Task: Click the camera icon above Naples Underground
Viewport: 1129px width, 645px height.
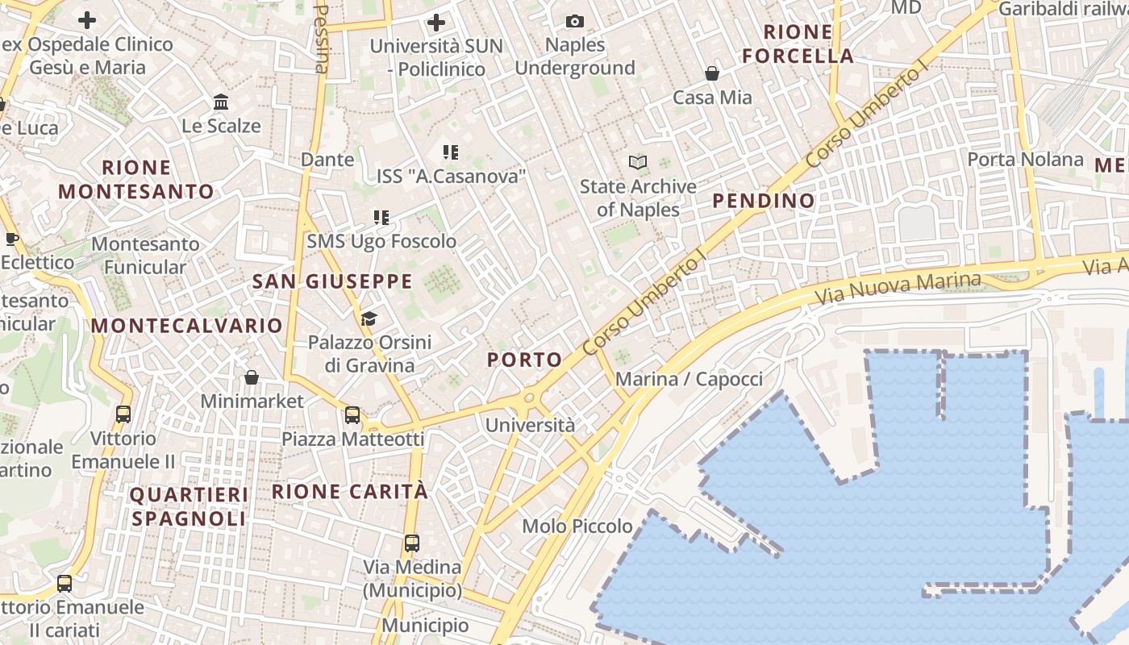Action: (575, 21)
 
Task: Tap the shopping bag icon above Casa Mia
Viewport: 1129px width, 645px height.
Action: (712, 73)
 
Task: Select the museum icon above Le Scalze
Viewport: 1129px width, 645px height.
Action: (221, 102)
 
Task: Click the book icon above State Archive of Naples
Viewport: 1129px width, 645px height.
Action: (638, 163)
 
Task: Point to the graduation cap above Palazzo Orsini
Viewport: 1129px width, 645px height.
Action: (369, 318)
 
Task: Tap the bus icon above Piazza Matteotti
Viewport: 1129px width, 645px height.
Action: (352, 415)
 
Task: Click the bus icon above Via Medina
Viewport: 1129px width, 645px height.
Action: (412, 543)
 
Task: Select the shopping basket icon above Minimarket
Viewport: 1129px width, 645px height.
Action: (252, 377)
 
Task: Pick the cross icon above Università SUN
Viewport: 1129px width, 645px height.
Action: (436, 22)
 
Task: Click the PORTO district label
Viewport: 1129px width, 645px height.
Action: (525, 360)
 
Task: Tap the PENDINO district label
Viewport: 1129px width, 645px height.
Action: (764, 201)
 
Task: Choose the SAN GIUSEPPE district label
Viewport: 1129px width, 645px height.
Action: (332, 281)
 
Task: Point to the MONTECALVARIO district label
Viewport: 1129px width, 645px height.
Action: (187, 326)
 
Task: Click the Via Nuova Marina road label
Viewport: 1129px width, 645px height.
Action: (898, 288)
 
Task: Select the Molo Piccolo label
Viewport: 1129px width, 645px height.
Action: (577, 526)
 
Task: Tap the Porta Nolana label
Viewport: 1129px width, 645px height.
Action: (1025, 160)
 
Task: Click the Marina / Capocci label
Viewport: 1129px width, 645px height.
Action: (689, 379)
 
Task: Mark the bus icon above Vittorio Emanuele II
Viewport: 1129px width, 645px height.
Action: (123, 414)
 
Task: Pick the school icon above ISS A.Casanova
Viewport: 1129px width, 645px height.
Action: (450, 152)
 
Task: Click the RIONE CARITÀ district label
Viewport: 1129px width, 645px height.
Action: (350, 491)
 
